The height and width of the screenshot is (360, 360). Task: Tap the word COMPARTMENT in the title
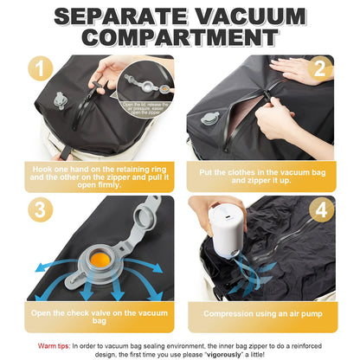pyautogui.click(x=180, y=40)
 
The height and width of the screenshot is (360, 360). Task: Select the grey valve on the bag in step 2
pyautogui.click(x=206, y=118)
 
